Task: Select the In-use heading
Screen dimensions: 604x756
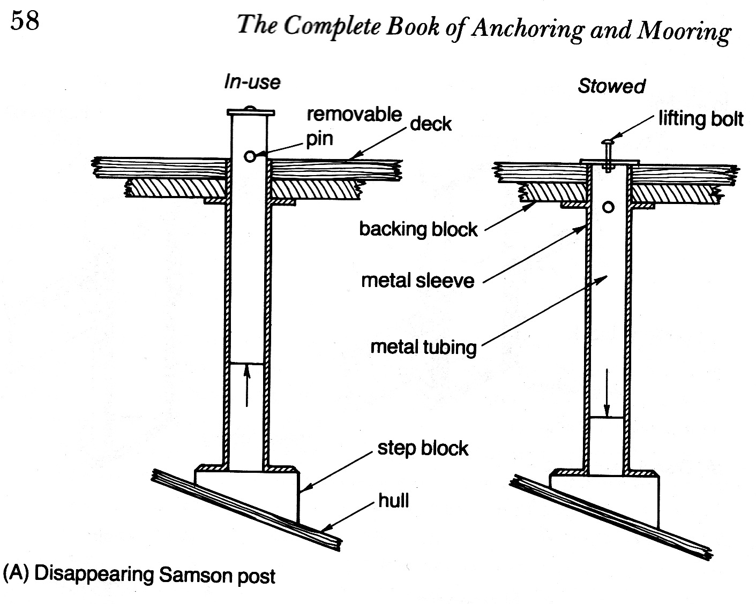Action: coord(252,82)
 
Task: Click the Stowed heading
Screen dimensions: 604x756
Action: coord(611,86)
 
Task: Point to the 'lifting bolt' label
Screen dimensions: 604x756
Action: coord(701,118)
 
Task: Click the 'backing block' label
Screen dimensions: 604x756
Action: coord(418,229)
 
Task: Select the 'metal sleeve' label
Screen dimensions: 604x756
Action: coord(417,281)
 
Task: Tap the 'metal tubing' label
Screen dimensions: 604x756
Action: coord(423,347)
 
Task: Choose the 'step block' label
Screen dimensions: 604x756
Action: coord(423,448)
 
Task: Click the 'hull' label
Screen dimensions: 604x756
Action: coord(394,501)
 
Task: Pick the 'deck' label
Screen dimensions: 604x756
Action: coord(431,124)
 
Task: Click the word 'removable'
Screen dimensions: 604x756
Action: coord(354,114)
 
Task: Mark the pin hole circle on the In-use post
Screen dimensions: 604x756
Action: coord(250,156)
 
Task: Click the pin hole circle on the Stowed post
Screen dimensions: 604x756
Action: coord(608,207)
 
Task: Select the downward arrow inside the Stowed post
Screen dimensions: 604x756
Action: coord(607,393)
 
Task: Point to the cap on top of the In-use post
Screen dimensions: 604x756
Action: coord(251,112)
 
